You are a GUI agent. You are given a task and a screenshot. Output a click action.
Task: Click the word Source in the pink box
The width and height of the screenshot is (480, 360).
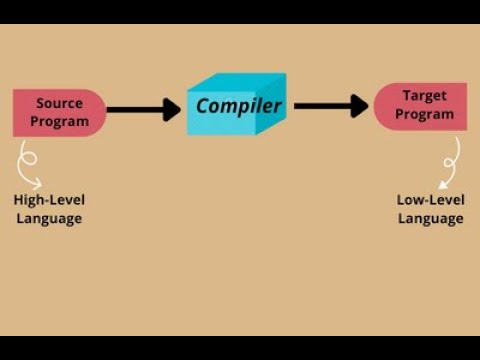click(x=59, y=103)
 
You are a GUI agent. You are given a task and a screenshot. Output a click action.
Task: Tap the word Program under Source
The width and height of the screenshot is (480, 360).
click(x=59, y=122)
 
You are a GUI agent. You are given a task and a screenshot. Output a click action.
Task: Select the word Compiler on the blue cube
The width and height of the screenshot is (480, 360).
click(x=239, y=106)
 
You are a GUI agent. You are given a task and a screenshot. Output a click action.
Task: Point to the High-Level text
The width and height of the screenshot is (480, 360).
click(x=49, y=200)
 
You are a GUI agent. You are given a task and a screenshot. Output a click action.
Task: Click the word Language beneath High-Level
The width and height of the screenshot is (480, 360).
click(x=49, y=218)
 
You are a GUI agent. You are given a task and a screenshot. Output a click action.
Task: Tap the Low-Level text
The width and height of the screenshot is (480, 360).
click(x=431, y=200)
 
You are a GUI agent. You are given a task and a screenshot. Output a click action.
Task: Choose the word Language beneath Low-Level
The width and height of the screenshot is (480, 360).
click(x=431, y=218)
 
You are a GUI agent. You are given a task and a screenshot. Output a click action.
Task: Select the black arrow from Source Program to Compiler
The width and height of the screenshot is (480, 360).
click(x=140, y=109)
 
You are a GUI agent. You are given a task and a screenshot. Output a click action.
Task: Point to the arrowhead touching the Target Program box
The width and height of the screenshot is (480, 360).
click(x=360, y=106)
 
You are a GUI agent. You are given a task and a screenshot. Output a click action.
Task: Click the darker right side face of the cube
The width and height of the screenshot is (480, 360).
click(x=271, y=108)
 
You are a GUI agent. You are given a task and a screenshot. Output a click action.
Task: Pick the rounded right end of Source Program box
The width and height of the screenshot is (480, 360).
click(x=97, y=112)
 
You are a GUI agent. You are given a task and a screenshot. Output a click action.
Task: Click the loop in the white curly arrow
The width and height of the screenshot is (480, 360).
click(x=30, y=159)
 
